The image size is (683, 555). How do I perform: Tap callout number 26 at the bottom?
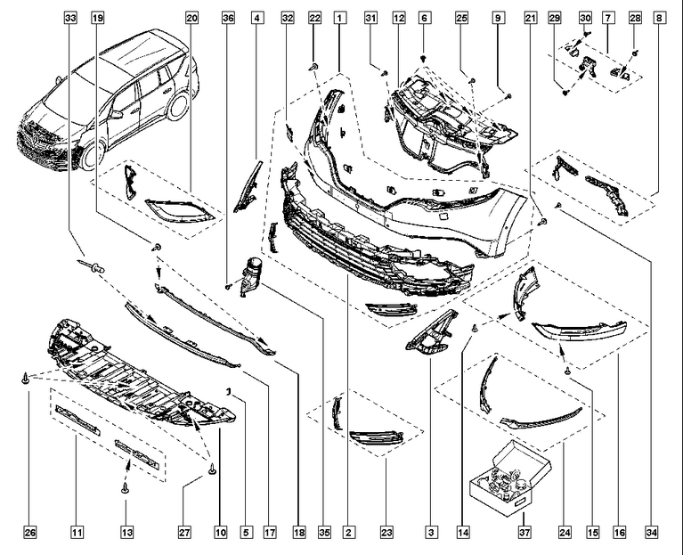click(29, 533)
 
